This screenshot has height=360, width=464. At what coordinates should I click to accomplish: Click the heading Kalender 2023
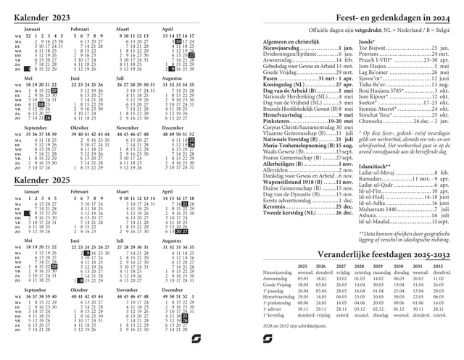tap(42, 16)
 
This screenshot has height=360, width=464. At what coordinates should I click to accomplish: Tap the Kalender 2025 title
tap(42, 179)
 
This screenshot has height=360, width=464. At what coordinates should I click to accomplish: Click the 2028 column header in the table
tap(359, 267)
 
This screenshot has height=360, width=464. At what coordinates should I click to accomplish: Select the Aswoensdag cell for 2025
tap(304, 278)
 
